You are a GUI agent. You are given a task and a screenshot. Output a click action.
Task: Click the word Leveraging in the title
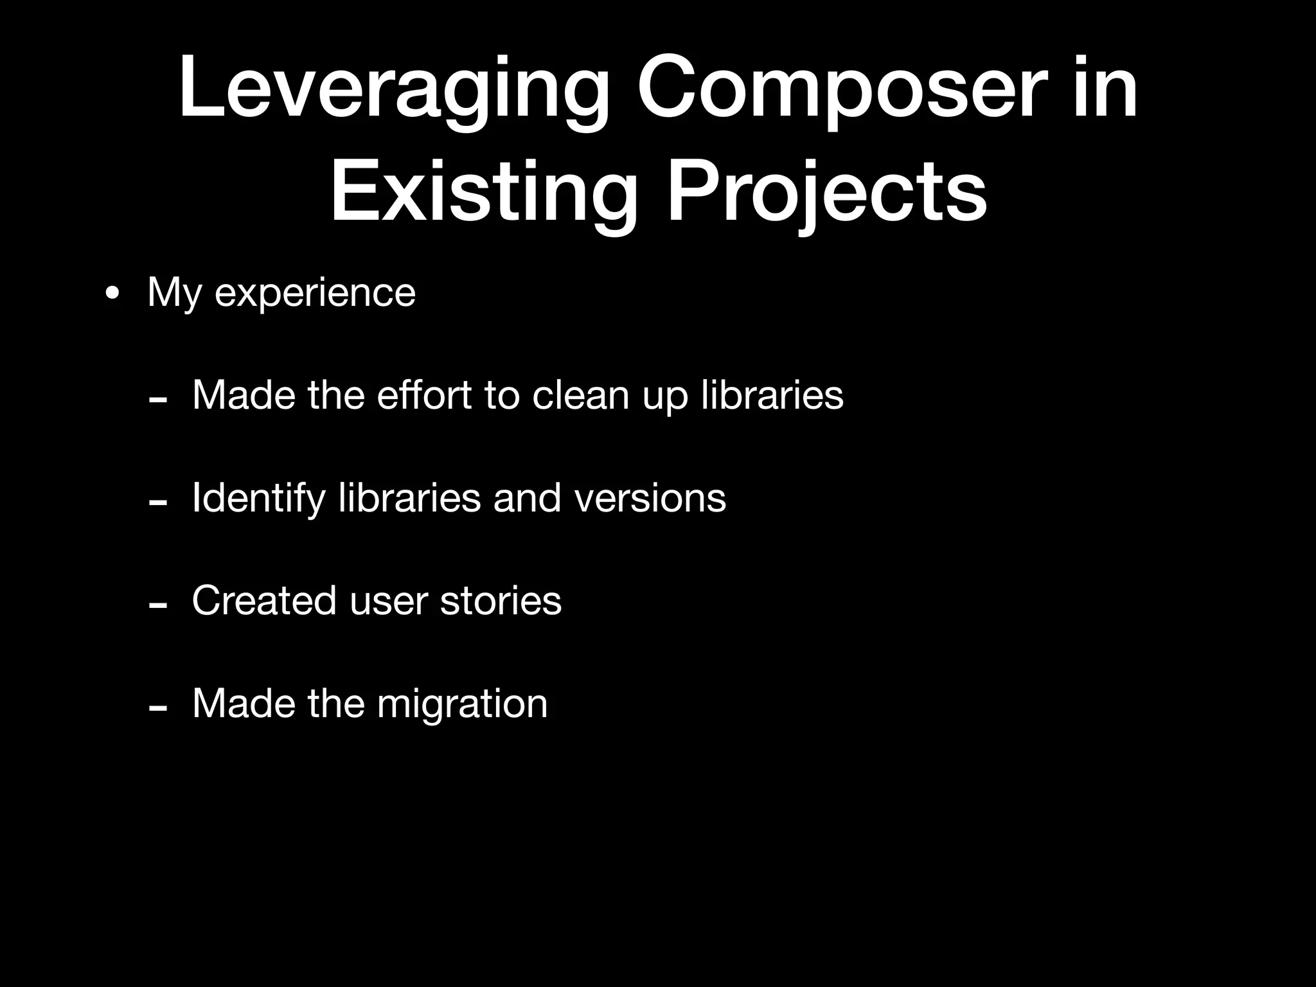[x=393, y=90]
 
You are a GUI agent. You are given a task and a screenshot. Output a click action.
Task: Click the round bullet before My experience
[x=112, y=294]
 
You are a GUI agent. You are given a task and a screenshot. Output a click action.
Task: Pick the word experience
[x=315, y=294]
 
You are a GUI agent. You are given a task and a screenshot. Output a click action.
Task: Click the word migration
[x=462, y=704]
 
